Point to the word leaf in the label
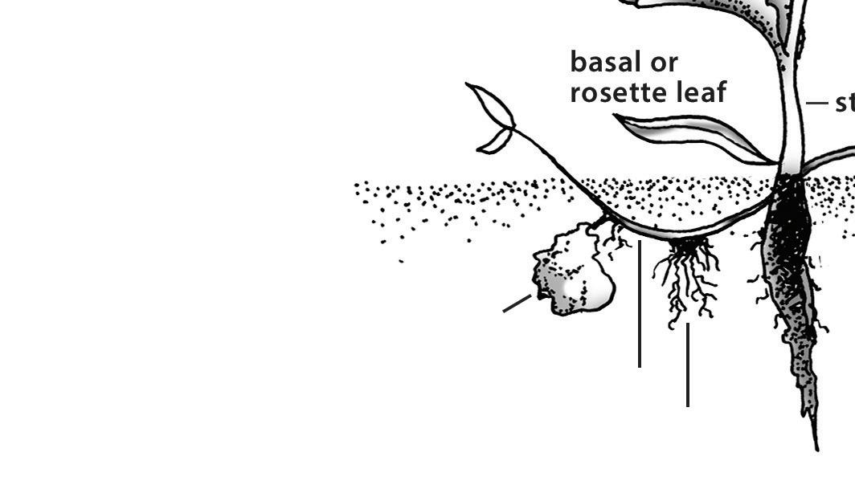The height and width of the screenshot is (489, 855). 701,92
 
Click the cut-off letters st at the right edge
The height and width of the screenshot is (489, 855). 845,104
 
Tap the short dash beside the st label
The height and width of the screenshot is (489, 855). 816,103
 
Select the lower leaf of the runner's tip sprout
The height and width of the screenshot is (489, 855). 495,141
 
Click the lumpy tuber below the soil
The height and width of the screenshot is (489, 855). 572,273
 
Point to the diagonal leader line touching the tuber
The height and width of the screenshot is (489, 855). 517,304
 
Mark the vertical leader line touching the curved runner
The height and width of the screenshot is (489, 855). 640,305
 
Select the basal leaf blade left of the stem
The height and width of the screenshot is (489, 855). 691,134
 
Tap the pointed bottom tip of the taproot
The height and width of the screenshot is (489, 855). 816,446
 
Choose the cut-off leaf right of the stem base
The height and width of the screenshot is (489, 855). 832,158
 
